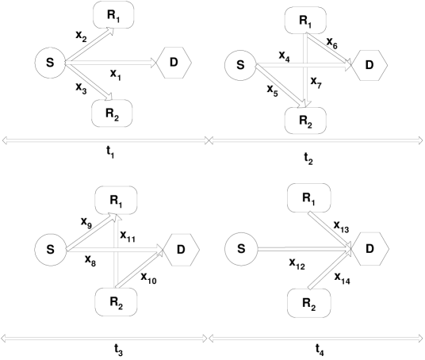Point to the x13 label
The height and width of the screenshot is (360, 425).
(342, 228)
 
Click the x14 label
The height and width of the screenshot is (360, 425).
(342, 278)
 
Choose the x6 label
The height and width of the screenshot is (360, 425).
(331, 47)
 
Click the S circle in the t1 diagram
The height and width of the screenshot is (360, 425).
(50, 63)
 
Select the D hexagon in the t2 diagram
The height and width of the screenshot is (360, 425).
(366, 65)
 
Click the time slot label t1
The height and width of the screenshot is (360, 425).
(109, 155)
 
